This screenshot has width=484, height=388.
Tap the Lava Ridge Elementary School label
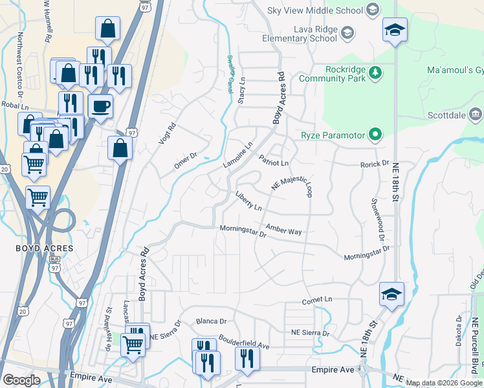tap(300, 33)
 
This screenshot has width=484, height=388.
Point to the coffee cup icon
tap(100, 105)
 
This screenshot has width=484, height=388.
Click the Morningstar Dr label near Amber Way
tap(243, 229)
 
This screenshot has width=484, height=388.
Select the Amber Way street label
tap(283, 230)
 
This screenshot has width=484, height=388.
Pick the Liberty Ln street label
tap(248, 200)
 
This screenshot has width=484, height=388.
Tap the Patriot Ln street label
tap(273, 160)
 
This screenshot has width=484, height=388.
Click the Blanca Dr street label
tap(212, 321)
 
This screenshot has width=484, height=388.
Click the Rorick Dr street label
tap(375, 164)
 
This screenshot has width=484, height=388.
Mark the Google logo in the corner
tap(21, 380)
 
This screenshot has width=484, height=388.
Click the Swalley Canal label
tap(230, 74)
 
